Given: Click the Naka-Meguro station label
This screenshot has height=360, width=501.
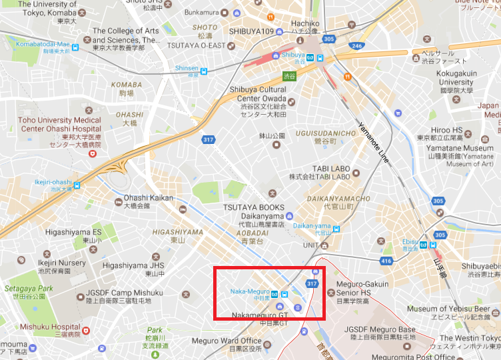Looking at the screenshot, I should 250,292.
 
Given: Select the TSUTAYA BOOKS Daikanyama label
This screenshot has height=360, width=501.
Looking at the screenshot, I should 253,213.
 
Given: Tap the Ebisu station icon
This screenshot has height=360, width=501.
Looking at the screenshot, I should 424,245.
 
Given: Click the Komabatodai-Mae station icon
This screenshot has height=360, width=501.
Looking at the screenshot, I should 75,47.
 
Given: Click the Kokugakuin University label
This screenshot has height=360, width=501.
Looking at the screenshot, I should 456,82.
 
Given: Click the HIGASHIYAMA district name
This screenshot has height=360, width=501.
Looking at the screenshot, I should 177,232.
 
